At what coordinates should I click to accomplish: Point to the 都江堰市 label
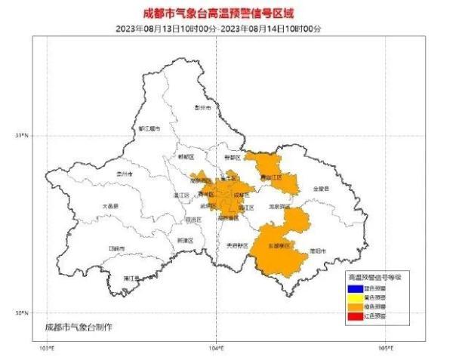point(149,129)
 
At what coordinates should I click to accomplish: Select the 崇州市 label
point(123,174)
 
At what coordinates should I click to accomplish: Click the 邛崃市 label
point(116,248)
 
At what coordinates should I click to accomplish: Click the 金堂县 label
point(321,189)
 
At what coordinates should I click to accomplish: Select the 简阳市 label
point(318,250)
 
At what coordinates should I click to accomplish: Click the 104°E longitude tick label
point(215,348)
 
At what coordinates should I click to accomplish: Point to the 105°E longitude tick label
point(385,348)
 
